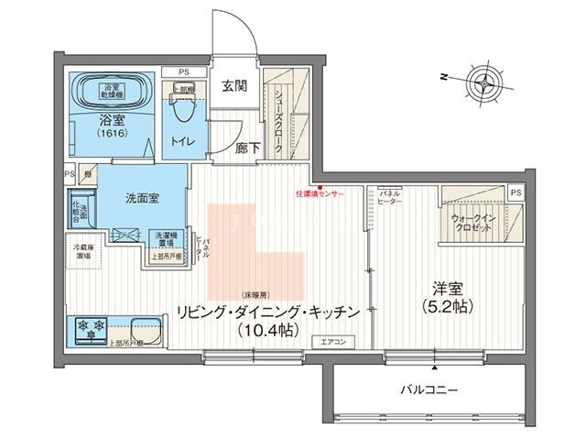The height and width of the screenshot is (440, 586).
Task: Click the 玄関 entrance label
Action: [x=234, y=87]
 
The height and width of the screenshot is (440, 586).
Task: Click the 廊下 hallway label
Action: [x=245, y=147]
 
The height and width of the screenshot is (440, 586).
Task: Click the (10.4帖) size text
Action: [x=266, y=328]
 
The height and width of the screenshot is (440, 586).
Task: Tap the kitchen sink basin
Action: [x=145, y=326]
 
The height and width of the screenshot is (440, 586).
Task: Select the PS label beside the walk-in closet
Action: [x=515, y=192]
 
